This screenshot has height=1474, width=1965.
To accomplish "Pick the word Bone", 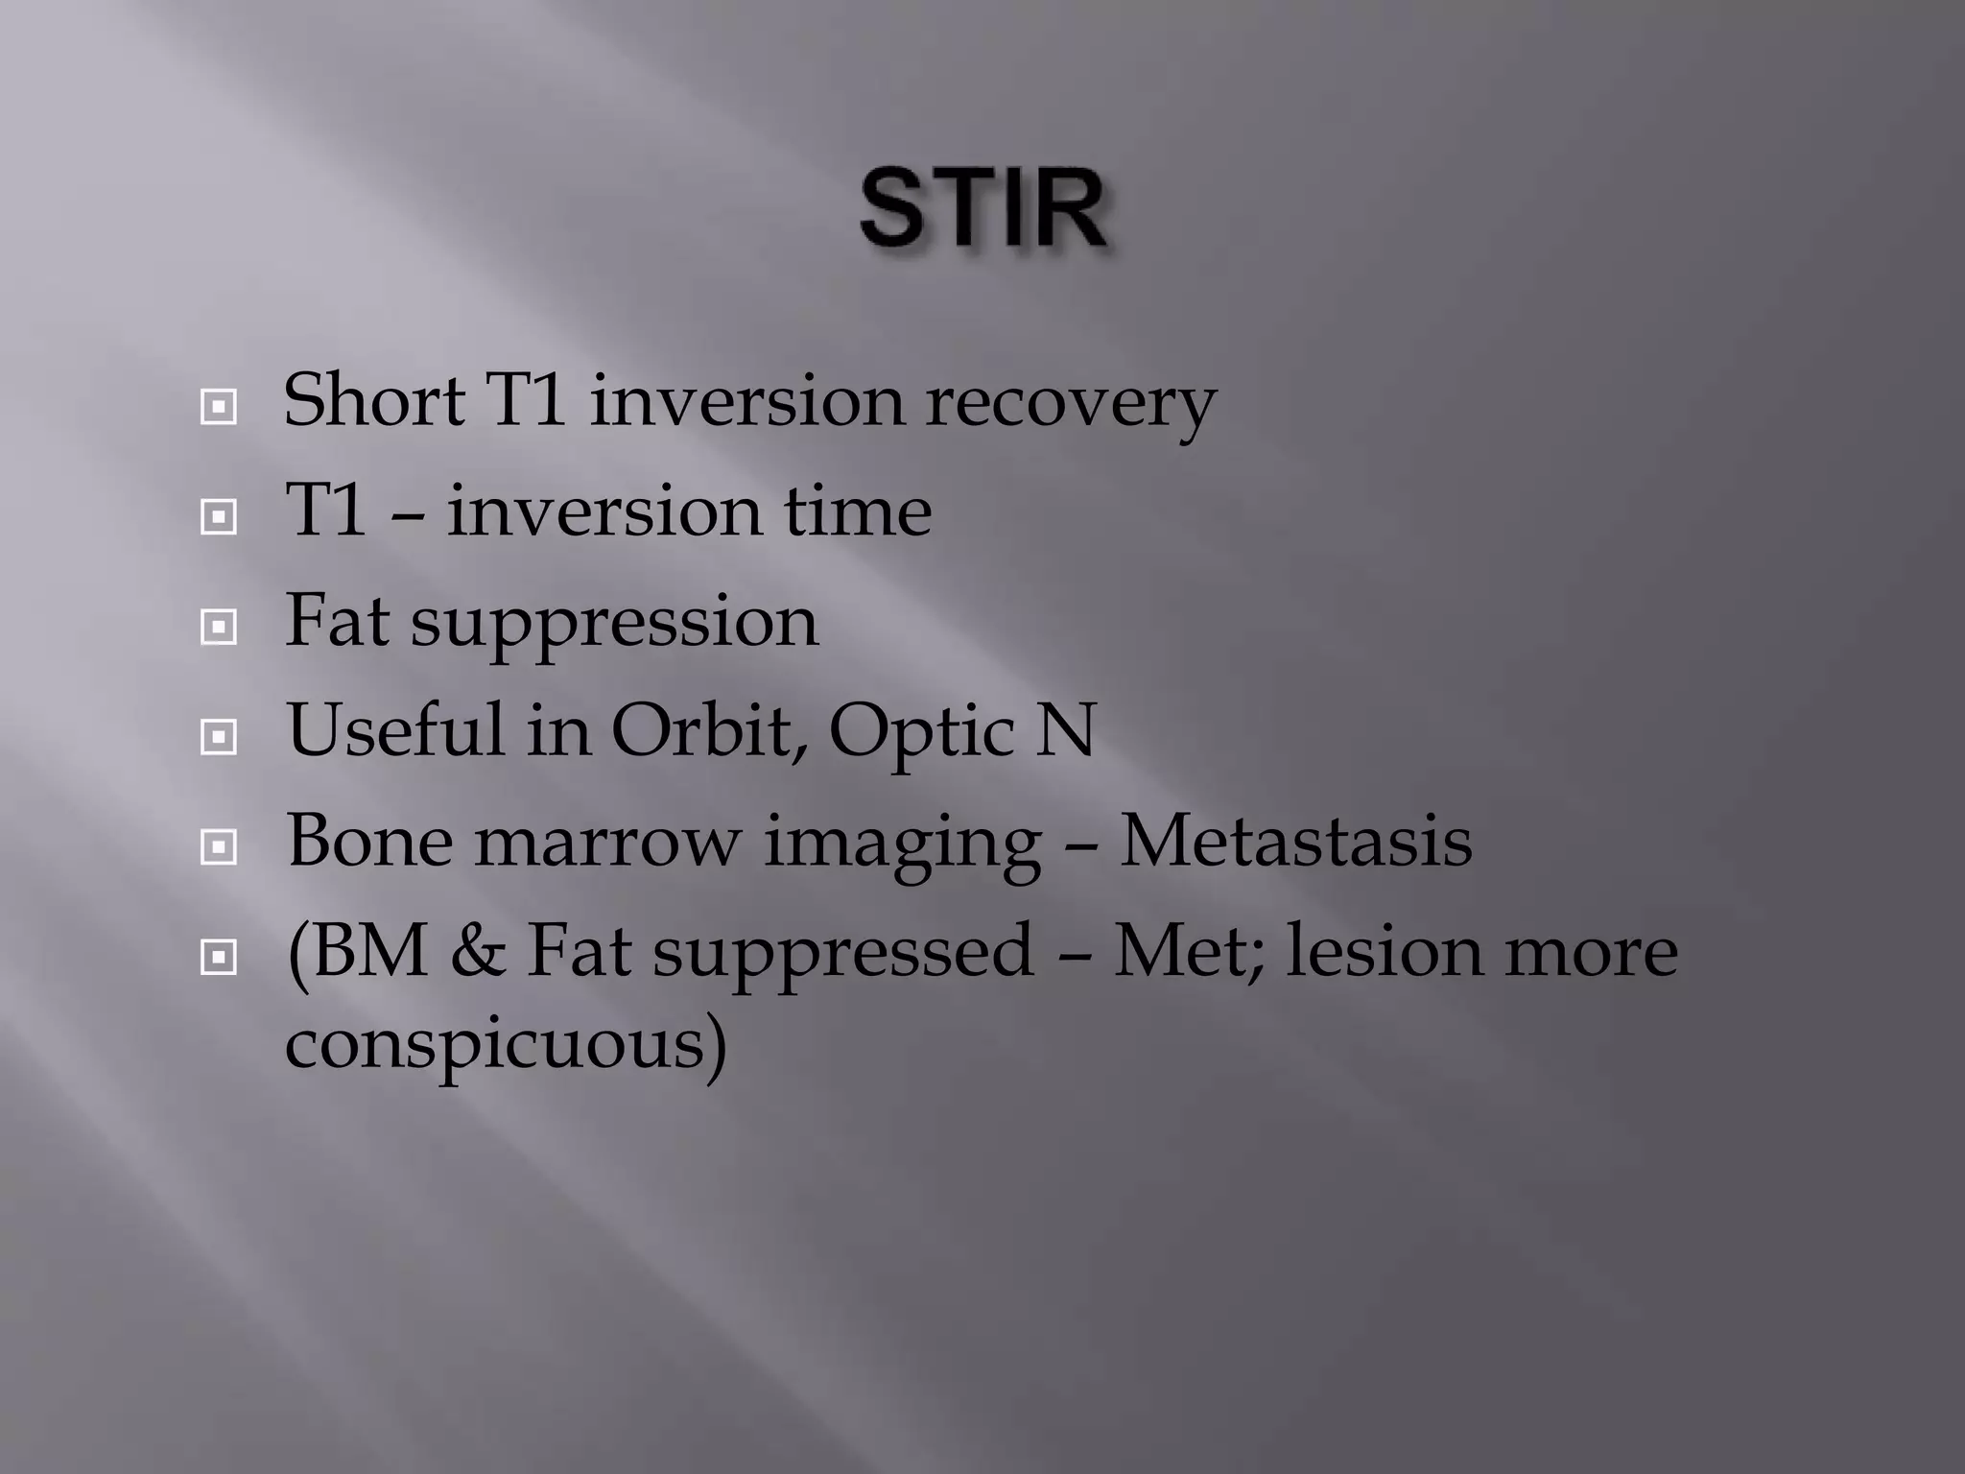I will (369, 841).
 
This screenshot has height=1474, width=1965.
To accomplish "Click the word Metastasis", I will (1295, 841).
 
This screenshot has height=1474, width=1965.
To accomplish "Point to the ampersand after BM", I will (477, 951).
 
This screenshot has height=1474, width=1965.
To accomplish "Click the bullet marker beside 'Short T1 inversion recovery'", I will (219, 408).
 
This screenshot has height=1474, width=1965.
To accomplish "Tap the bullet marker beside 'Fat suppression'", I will (219, 628).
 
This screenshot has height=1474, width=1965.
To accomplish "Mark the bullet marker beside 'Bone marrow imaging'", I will (219, 847).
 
